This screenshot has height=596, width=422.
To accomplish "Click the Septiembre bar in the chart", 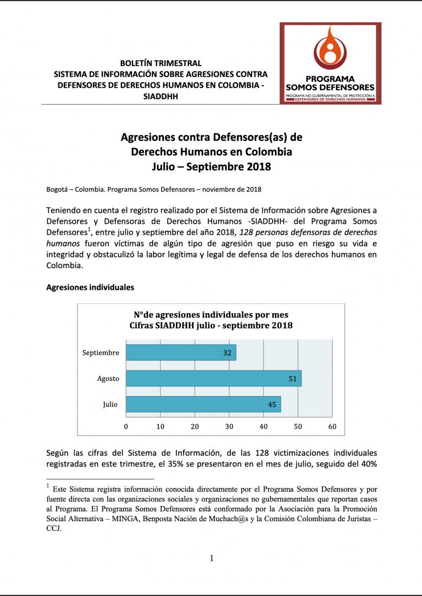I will (181, 353).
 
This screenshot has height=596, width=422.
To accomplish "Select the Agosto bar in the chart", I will (213, 379).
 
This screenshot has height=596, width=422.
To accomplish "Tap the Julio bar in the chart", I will (203, 404).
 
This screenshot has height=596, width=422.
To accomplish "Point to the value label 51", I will (293, 379).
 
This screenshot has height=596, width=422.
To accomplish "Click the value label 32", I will (227, 353).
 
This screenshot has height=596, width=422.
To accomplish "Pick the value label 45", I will (272, 404).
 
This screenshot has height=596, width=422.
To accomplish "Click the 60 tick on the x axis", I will (332, 426).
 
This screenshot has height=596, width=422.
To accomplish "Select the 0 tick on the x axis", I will (126, 426).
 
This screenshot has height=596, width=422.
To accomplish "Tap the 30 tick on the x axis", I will (229, 426).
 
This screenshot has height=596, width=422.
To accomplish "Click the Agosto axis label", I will (108, 379).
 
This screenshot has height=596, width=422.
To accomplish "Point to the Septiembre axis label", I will (101, 353).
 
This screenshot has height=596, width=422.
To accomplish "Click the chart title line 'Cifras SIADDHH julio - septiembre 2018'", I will (211, 326).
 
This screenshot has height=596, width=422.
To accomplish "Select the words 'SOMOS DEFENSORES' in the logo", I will (330, 87).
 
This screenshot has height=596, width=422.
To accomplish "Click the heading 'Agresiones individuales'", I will (90, 287).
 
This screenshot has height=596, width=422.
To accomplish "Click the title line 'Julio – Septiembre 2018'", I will (211, 167).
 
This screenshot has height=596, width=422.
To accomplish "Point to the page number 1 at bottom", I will (212, 558).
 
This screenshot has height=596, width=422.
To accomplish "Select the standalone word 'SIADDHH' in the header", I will (161, 96).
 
